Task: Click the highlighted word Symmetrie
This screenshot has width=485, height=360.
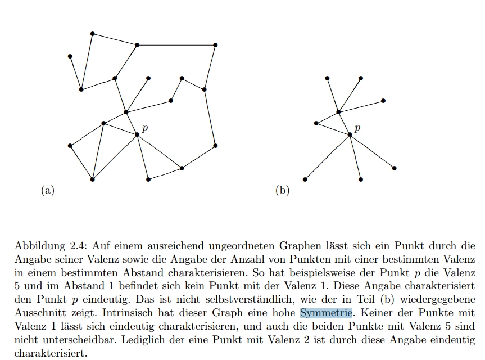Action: (x=326, y=313)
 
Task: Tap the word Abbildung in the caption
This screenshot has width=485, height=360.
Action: (x=40, y=246)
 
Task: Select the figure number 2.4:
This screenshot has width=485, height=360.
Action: (x=79, y=246)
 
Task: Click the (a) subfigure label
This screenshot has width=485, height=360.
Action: (x=48, y=190)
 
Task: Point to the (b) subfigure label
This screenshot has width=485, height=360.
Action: (x=282, y=190)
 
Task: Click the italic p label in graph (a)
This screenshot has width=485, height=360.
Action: (x=145, y=128)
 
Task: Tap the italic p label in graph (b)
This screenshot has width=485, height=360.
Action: (x=357, y=128)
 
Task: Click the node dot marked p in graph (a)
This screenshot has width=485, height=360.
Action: (x=137, y=134)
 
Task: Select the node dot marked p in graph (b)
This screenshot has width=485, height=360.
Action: (x=350, y=134)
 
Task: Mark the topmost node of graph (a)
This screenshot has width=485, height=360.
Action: (x=93, y=34)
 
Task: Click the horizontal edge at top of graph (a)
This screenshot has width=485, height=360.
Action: (x=176, y=45)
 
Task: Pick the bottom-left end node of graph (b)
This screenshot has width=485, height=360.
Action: (x=305, y=179)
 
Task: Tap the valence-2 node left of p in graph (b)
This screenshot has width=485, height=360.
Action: (x=316, y=123)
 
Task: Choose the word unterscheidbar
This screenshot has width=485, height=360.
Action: (x=79, y=340)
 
